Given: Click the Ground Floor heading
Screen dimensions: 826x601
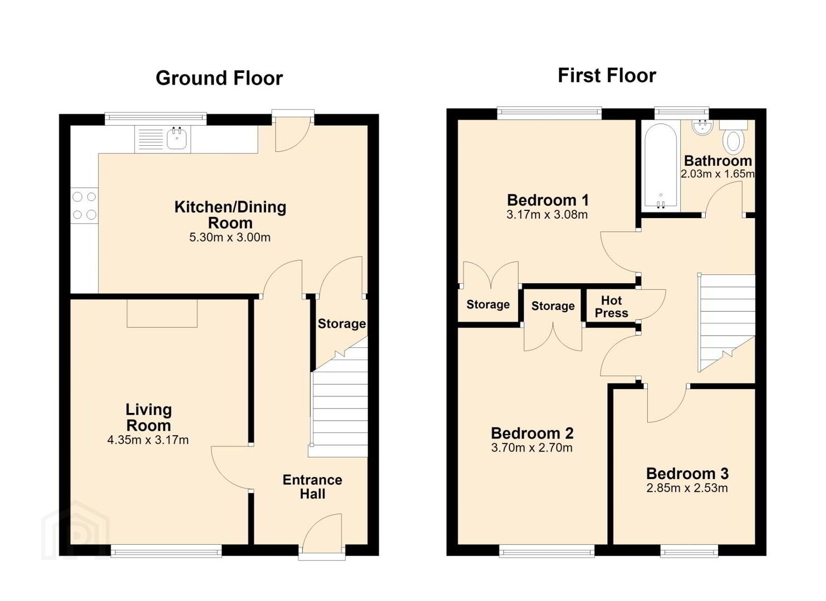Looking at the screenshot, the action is tap(219, 78).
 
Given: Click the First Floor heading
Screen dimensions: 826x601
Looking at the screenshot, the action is tap(607, 76).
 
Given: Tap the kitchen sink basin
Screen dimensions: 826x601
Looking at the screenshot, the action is tap(177, 138).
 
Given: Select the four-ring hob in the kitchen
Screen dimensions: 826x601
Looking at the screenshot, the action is tap(85, 205).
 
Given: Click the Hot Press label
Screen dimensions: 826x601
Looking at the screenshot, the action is tap(611, 307).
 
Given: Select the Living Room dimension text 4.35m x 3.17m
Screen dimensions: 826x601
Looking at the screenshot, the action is tap(148, 440).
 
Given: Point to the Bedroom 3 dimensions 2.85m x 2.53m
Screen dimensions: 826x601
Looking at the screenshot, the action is tap(687, 488).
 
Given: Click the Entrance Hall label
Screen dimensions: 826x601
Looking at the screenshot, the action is tap(312, 487).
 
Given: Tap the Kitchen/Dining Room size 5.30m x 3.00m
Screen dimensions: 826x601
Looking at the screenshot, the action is tap(230, 237).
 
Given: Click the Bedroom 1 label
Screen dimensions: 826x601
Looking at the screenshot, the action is tap(548, 200).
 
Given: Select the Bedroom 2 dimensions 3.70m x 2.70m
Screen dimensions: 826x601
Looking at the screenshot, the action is tap(532, 448).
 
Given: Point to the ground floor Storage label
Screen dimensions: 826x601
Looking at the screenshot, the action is tap(342, 324).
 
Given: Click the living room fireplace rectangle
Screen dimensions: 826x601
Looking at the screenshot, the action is tap(163, 313).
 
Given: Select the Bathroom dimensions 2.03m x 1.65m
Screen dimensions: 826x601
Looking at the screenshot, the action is tap(717, 174).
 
